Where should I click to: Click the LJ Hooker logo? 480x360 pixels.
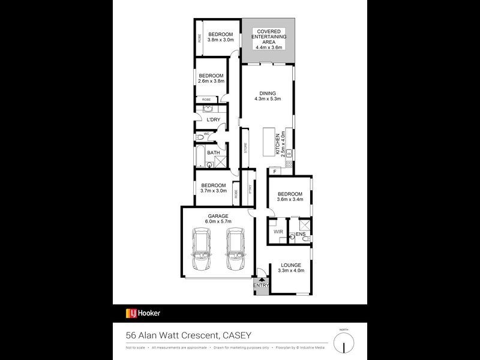[143, 313]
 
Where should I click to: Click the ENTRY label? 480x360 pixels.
[261, 286]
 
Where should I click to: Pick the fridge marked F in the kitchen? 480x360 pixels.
[274, 172]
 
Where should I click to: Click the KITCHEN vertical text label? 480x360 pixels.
[278, 145]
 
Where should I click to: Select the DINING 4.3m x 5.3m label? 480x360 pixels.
[268, 96]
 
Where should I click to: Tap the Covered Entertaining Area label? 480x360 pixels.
[269, 37]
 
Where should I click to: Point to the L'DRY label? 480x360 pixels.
[213, 120]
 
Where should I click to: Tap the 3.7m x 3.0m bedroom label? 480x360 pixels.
[214, 188]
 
